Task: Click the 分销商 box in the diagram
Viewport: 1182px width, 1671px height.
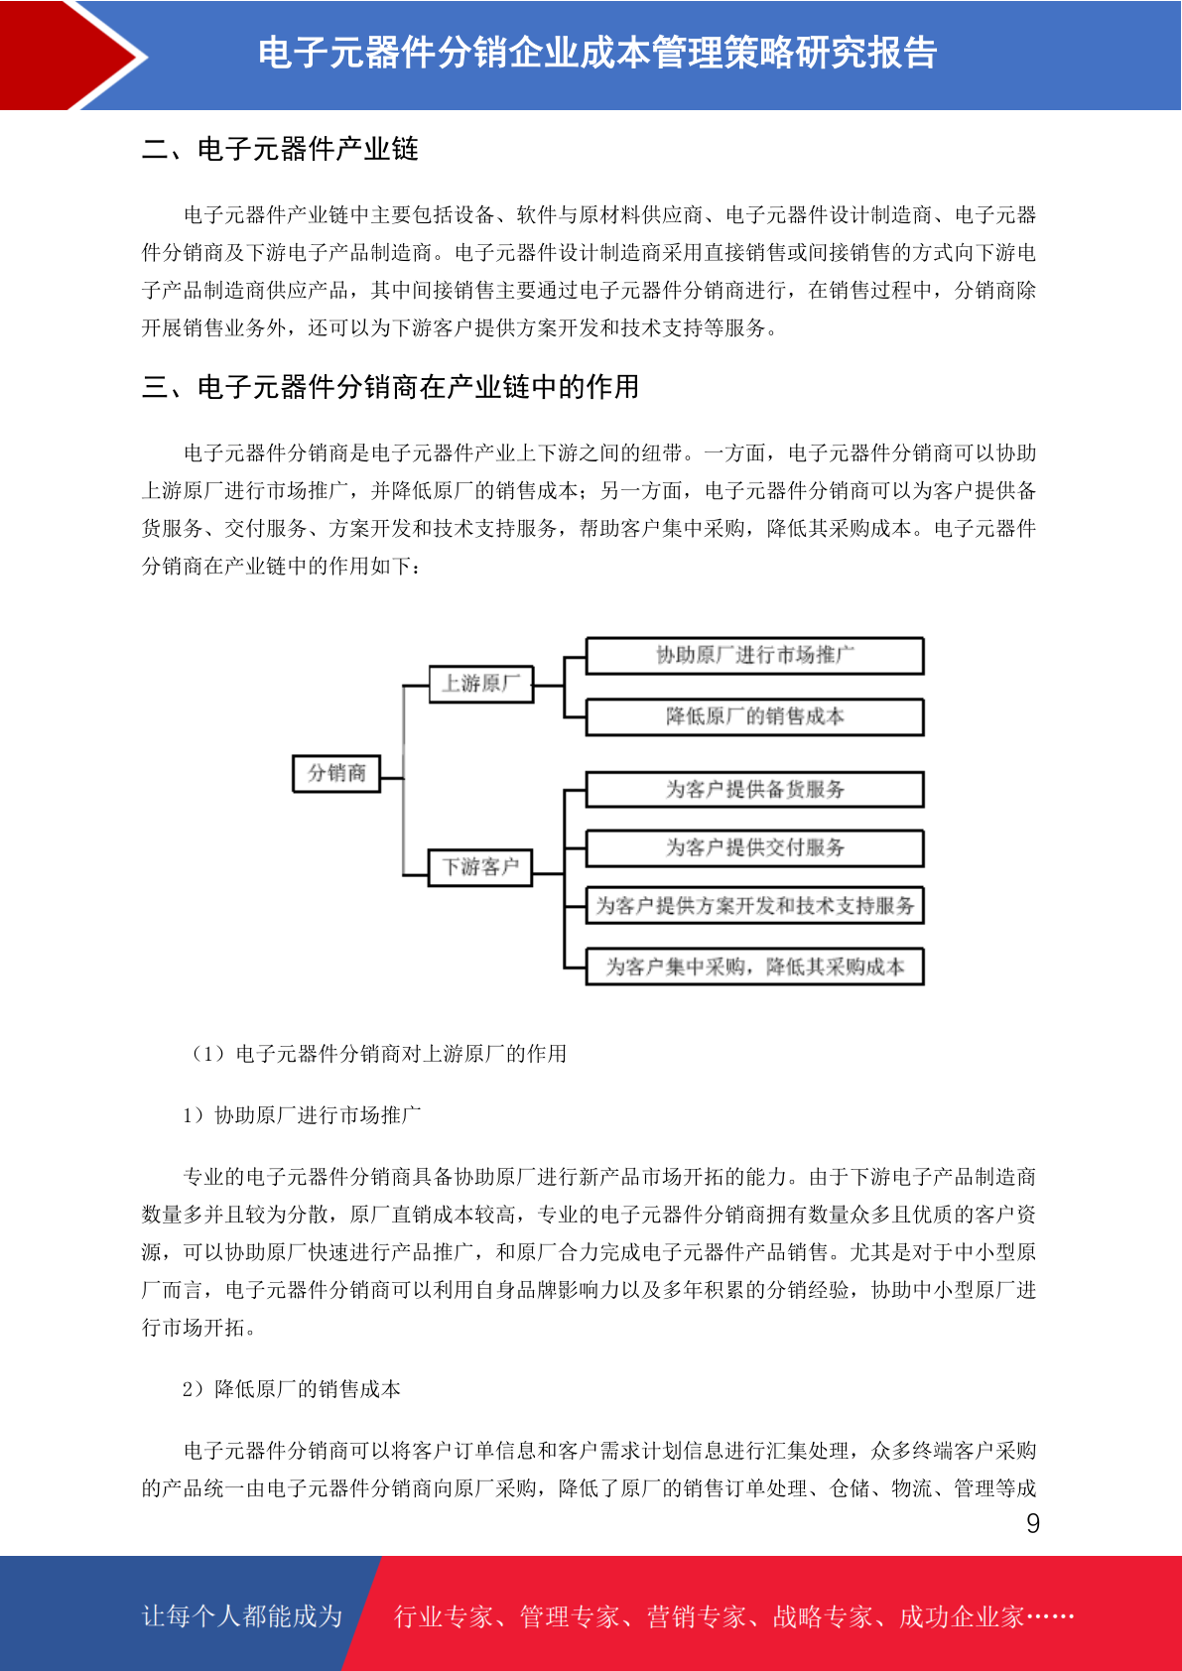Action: pos(336,773)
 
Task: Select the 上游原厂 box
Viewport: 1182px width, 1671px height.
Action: pos(480,684)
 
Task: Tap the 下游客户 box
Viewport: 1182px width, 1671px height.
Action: pos(480,867)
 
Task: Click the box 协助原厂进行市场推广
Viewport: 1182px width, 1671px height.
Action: pos(754,656)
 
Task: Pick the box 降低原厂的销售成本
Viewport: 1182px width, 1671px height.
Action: pos(754,716)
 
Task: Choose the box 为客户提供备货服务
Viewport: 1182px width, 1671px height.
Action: pos(754,790)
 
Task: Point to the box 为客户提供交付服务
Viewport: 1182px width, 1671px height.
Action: pos(754,847)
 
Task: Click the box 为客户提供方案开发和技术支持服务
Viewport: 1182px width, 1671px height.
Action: pos(754,905)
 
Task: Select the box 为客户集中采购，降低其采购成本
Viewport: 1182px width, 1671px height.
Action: pos(754,966)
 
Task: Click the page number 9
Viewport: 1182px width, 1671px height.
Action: pos(1033,1524)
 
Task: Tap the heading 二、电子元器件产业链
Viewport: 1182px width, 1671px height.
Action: pos(280,149)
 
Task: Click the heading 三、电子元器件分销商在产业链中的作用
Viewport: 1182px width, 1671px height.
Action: pos(390,387)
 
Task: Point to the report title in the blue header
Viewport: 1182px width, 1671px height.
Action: pos(597,53)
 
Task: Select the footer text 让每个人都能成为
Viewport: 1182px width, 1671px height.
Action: pos(242,1616)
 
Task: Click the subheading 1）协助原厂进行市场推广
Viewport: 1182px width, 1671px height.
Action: pos(302,1115)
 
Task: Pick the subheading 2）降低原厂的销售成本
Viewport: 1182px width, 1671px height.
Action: pos(292,1389)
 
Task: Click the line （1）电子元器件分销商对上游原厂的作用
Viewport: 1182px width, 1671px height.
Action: pos(377,1054)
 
